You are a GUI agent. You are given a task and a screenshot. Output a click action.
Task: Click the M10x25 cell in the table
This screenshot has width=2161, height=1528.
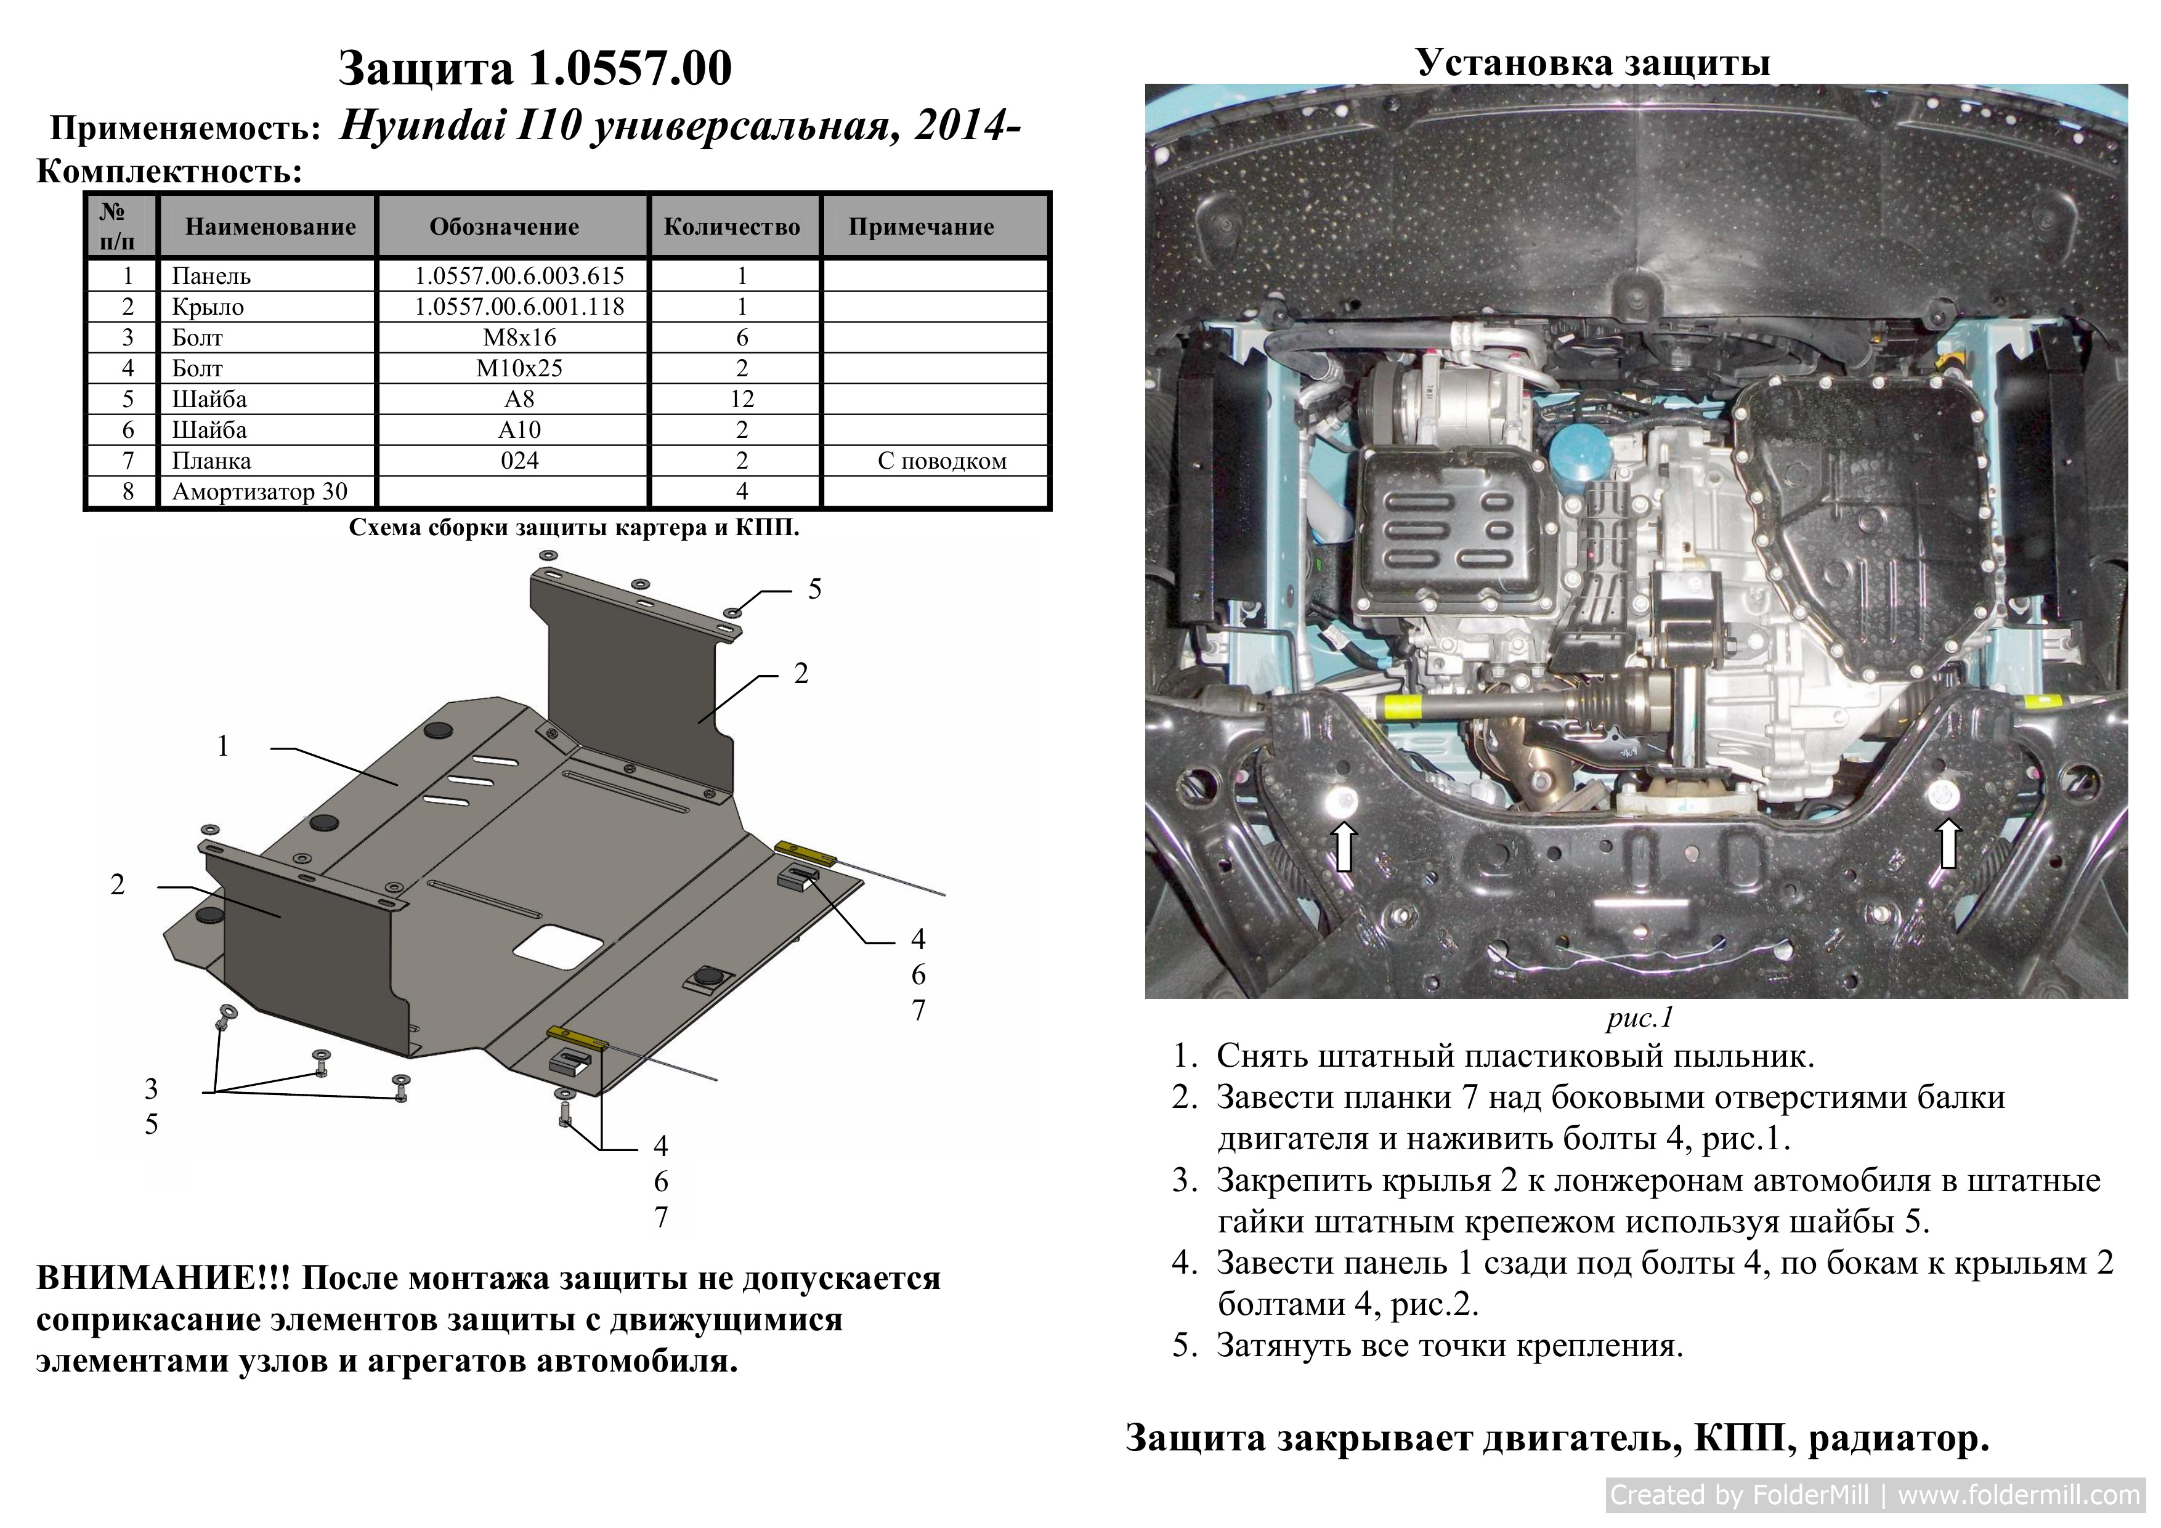tap(519, 368)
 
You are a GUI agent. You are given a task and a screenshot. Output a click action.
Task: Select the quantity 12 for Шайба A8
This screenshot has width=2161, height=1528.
tap(742, 399)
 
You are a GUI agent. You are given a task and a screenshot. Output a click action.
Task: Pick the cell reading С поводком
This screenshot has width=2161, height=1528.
tap(941, 461)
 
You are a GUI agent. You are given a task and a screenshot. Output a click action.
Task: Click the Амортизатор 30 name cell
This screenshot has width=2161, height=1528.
tap(260, 491)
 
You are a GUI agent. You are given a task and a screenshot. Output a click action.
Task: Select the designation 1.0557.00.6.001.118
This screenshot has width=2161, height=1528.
tap(519, 307)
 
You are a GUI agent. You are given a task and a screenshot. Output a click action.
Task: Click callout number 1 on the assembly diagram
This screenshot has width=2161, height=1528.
tap(223, 746)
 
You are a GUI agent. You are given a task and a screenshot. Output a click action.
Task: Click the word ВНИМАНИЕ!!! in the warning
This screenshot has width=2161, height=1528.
tap(164, 1278)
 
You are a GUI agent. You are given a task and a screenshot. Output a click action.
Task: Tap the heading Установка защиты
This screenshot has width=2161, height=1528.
tap(1592, 62)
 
